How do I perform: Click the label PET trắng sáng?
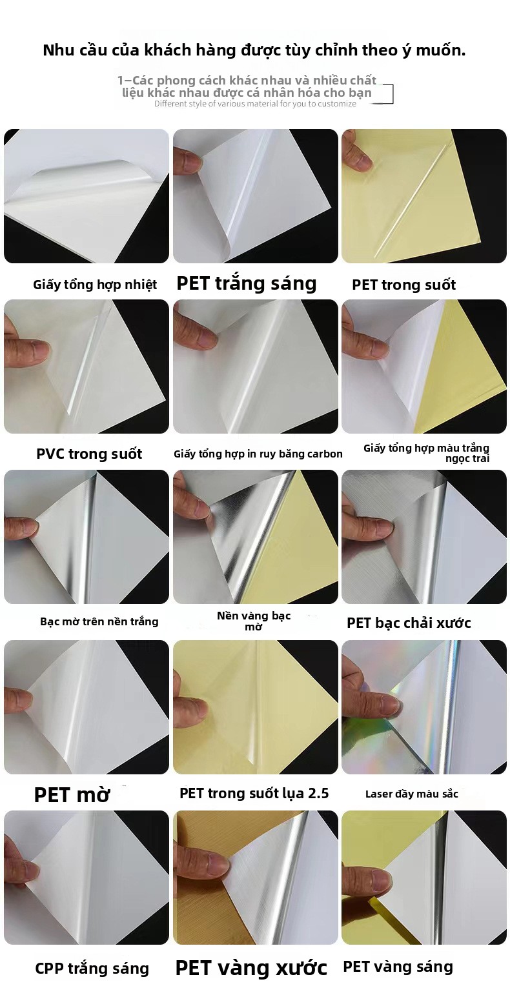tap(247, 283)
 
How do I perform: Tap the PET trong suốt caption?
tap(403, 285)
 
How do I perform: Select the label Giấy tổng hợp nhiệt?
tap(95, 285)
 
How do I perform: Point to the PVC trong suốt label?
tap(89, 454)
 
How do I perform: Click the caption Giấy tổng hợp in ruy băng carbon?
tap(258, 454)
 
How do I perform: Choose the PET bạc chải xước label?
tap(409, 623)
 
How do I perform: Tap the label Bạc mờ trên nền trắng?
tap(99, 621)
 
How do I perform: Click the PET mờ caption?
tap(72, 794)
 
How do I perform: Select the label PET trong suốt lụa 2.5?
tap(254, 793)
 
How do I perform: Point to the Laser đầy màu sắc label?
tap(411, 794)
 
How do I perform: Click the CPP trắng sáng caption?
tap(92, 969)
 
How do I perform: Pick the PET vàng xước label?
tap(251, 968)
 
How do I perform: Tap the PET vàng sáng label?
tap(398, 967)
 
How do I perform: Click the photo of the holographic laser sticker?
tap(424, 707)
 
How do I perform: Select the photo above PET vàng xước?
tap(256, 877)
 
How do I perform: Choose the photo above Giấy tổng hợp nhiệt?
tap(87, 196)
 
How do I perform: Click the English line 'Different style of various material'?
tap(255, 104)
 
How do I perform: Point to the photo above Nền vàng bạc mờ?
tap(256, 536)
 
